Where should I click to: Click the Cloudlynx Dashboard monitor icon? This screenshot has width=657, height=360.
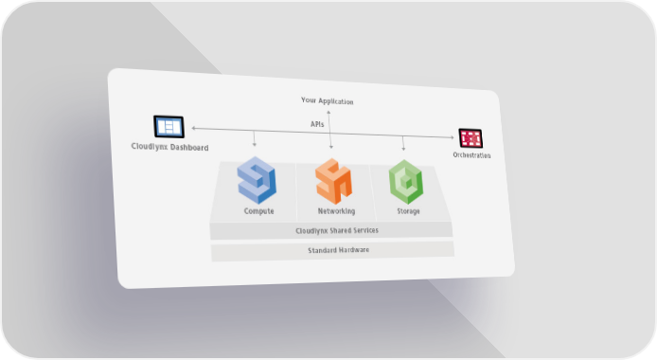(169, 127)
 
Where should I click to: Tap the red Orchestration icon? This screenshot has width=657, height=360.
(471, 138)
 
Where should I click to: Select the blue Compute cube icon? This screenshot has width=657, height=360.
(257, 180)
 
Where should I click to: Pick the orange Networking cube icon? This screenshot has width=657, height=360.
(334, 181)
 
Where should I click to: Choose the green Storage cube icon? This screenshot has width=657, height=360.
(405, 182)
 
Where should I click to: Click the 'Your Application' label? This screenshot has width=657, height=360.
(328, 100)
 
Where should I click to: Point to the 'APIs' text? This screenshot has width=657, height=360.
(317, 124)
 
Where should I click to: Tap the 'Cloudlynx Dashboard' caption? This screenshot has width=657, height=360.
(169, 147)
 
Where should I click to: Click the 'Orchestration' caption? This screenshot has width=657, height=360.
(471, 155)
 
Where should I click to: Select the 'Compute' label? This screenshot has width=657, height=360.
(259, 211)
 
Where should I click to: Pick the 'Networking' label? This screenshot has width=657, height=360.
(336, 211)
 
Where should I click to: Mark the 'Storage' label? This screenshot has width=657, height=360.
(409, 211)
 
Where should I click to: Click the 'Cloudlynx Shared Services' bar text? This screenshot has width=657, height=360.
(337, 230)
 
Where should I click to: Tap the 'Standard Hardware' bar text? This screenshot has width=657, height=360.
(339, 250)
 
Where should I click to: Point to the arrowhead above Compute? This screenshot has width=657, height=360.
(255, 145)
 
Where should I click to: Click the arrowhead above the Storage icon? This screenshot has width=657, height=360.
(403, 149)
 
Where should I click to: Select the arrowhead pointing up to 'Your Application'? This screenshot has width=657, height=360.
(328, 113)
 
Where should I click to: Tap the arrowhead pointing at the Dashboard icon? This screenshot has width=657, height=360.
(193, 128)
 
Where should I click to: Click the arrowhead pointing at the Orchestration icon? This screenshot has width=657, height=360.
(452, 137)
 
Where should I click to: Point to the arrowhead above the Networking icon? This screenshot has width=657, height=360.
(331, 147)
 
